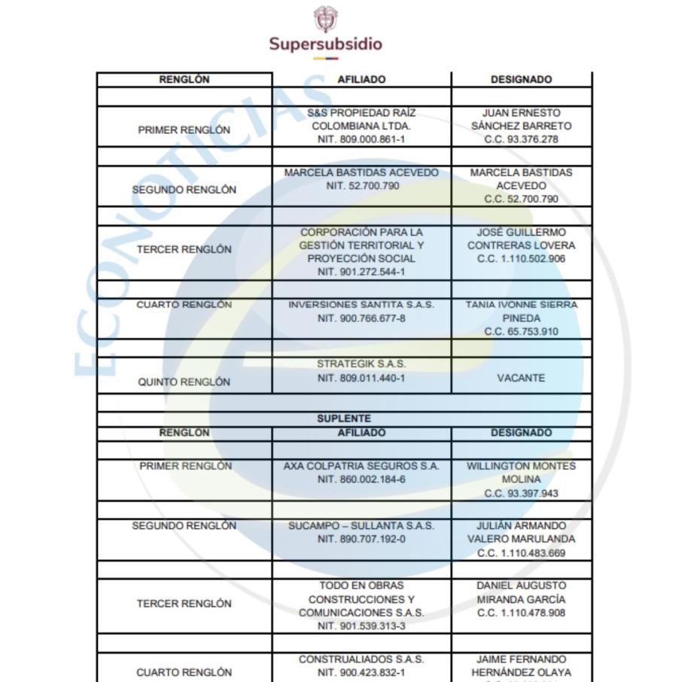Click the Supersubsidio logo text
click(x=326, y=44)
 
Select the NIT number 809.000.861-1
click(x=361, y=140)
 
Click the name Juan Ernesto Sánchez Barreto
click(x=521, y=119)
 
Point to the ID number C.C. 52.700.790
click(x=521, y=199)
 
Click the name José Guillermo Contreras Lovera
click(x=521, y=239)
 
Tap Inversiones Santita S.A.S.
click(x=361, y=305)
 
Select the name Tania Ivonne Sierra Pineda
click(x=521, y=311)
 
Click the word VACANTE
click(x=521, y=378)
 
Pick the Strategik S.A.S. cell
click(x=361, y=364)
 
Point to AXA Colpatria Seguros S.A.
click(x=361, y=466)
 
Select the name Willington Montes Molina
click(x=521, y=472)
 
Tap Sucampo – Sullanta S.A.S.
click(x=361, y=525)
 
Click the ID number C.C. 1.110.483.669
click(x=521, y=553)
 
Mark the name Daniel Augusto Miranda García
click(x=521, y=592)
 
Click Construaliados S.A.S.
click(x=361, y=659)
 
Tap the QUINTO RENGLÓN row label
click(x=184, y=382)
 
